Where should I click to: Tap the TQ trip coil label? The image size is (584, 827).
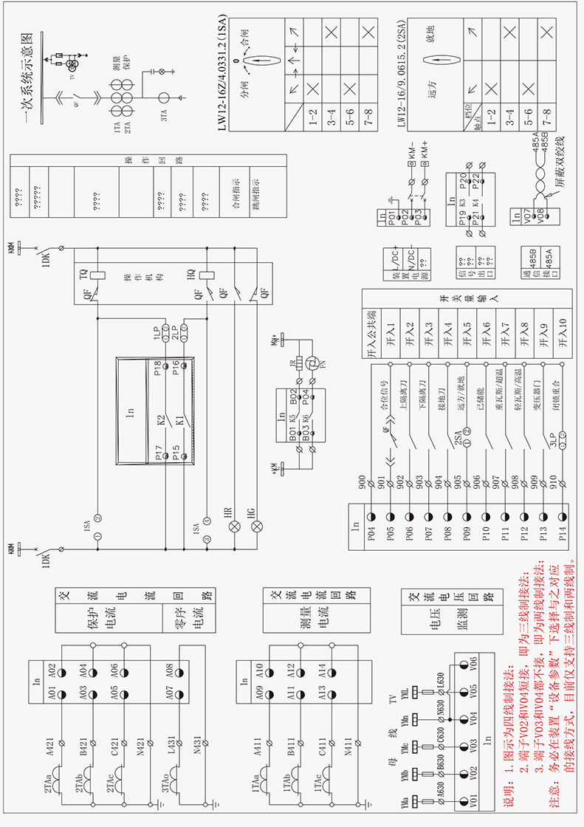click(83, 275)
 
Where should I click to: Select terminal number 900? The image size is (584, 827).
click(362, 482)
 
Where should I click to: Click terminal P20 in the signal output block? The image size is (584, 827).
click(463, 179)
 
